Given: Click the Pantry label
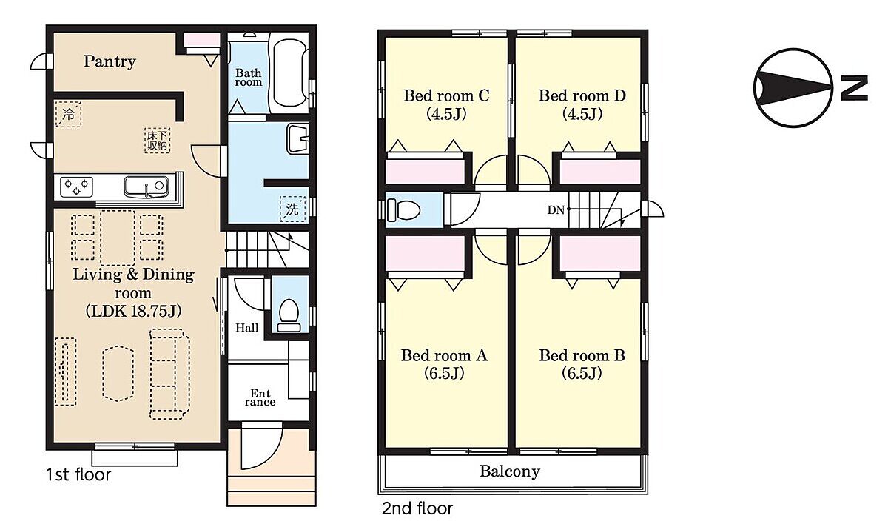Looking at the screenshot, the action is click(x=110, y=61).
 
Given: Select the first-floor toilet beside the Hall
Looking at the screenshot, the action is click(x=289, y=315).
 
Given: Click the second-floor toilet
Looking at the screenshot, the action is click(x=403, y=210).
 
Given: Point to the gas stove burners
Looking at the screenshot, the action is click(x=76, y=187).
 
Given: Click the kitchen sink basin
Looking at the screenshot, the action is click(x=146, y=187).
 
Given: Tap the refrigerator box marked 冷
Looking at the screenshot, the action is click(x=69, y=114).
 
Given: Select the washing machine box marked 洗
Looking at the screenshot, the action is click(x=292, y=209).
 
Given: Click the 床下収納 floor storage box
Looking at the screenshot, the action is click(x=158, y=141).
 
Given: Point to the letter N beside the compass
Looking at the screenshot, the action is click(x=854, y=88).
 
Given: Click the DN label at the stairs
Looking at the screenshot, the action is click(x=556, y=210).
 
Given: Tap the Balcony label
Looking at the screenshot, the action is click(x=510, y=471).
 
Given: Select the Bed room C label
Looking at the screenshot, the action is click(x=446, y=95).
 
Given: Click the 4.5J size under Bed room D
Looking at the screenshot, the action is click(x=582, y=114).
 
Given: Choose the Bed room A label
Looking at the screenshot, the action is click(x=444, y=355).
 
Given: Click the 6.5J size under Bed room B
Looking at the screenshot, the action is click(x=582, y=373).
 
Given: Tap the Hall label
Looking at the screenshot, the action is click(x=246, y=328).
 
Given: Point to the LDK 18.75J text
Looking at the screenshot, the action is click(x=134, y=311).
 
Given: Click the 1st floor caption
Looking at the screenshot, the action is click(x=78, y=474).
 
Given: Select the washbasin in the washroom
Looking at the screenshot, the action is click(x=297, y=138).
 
